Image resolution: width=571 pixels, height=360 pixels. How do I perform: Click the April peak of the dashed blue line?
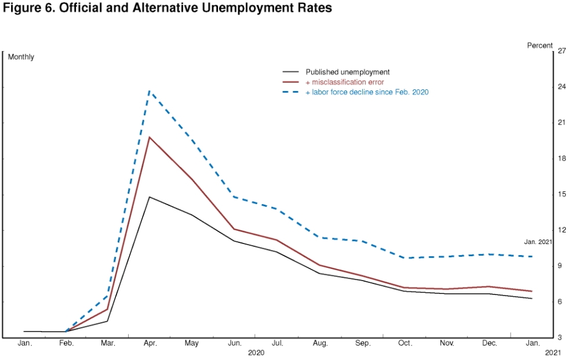tap(150, 90)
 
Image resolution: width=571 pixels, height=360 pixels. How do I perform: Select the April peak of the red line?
tap(150, 137)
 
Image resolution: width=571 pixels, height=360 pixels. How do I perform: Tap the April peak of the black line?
tap(150, 197)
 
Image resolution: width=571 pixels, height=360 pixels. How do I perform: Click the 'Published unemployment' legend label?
tap(347, 72)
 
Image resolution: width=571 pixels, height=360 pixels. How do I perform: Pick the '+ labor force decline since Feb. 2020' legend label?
tap(366, 92)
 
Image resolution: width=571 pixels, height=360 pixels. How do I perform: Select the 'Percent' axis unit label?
tap(540, 45)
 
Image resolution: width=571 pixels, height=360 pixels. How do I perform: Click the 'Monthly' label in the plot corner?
tap(21, 57)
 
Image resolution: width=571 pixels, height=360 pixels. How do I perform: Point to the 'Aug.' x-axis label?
tap(321, 344)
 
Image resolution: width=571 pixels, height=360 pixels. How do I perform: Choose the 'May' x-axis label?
tap(191, 344)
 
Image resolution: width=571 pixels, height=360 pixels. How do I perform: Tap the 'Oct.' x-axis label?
tap(405, 344)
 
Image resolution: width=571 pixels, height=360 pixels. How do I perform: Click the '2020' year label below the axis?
tap(256, 352)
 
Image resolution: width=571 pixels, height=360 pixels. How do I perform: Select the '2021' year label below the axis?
tap(554, 352)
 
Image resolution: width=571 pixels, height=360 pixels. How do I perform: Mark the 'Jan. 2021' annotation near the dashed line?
tap(537, 242)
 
